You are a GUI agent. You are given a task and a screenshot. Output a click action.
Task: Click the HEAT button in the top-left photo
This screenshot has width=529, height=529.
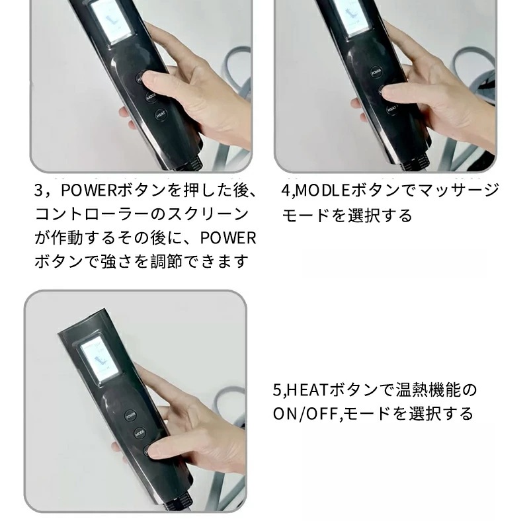[160, 114]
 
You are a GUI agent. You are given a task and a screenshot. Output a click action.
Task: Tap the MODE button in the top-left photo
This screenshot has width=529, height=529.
[151, 95]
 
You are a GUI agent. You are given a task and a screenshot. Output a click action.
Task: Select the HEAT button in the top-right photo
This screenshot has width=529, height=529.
[391, 107]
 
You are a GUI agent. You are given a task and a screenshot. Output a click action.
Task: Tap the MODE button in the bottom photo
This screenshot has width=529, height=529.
[140, 434]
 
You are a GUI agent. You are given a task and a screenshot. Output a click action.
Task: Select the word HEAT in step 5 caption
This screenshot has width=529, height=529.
[303, 389]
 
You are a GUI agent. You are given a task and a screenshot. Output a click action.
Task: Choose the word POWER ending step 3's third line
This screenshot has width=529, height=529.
[228, 238]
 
